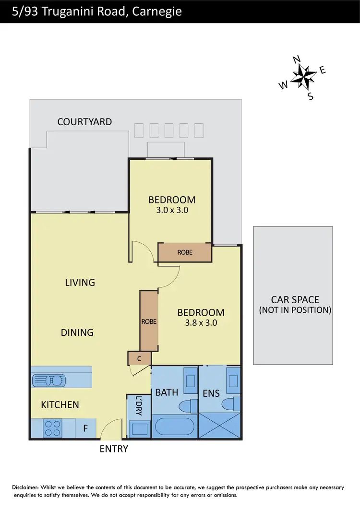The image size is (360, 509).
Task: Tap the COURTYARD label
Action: coord(84,122)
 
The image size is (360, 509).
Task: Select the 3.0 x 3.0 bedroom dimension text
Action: coord(171,210)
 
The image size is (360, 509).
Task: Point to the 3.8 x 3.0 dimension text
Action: coord(201,323)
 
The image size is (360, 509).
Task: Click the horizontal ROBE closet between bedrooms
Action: coord(185,252)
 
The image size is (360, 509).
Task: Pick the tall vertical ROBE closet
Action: coord(149,321)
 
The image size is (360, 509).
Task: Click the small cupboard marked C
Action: coord(139,358)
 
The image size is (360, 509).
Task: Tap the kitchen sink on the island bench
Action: coord(48,380)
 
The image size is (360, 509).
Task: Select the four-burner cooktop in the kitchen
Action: coord(52,427)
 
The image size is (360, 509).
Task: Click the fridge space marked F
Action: coord(85,428)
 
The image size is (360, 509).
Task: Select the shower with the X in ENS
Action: coord(219,423)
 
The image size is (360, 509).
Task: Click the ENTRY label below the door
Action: coord(114,449)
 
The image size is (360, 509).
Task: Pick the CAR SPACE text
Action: coord(295,300)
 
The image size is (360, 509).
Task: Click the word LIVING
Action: coord(80,283)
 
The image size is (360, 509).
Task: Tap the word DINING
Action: coord(77,332)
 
